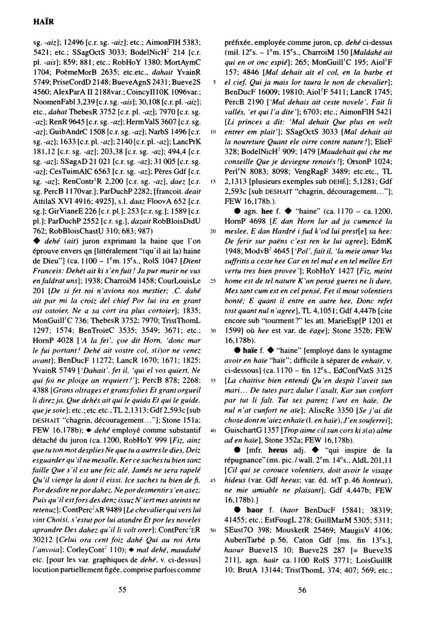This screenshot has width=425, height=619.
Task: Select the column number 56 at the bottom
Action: point(302,589)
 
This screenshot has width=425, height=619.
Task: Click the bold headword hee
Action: point(267,211)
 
